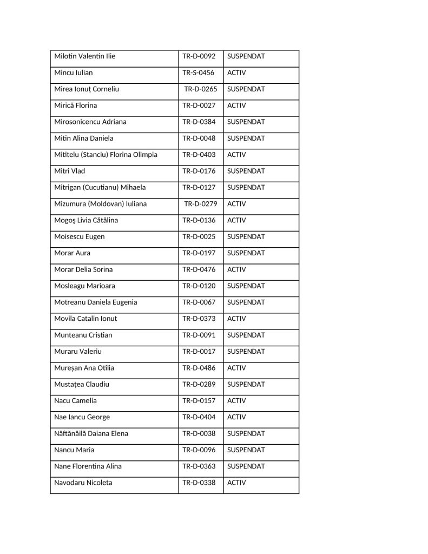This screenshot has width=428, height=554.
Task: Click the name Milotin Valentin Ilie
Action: pyautogui.click(x=84, y=56)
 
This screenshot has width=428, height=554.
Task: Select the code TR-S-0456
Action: pyautogui.click(x=198, y=72)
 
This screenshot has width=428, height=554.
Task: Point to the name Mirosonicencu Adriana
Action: pyautogui.click(x=90, y=122)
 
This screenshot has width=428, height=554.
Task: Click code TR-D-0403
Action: pyautogui.click(x=199, y=155)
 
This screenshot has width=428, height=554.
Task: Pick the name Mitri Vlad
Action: pyautogui.click(x=70, y=171)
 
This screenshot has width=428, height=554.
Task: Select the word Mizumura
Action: pyautogui.click(x=71, y=204)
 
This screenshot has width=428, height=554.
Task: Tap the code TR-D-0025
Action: pyautogui.click(x=199, y=236)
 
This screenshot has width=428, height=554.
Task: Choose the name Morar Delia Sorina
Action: pyautogui.click(x=83, y=269)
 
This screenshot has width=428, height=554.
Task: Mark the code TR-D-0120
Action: pyautogui.click(x=199, y=286)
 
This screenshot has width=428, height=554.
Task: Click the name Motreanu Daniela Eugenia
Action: pyautogui.click(x=96, y=302)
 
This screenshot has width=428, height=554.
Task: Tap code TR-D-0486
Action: pyautogui.click(x=199, y=368)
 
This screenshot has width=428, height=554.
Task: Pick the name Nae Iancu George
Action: pyautogui.click(x=82, y=417)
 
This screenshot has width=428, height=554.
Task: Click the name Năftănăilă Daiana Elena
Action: pyautogui.click(x=91, y=433)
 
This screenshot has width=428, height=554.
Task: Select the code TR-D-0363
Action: pyautogui.click(x=199, y=466)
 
